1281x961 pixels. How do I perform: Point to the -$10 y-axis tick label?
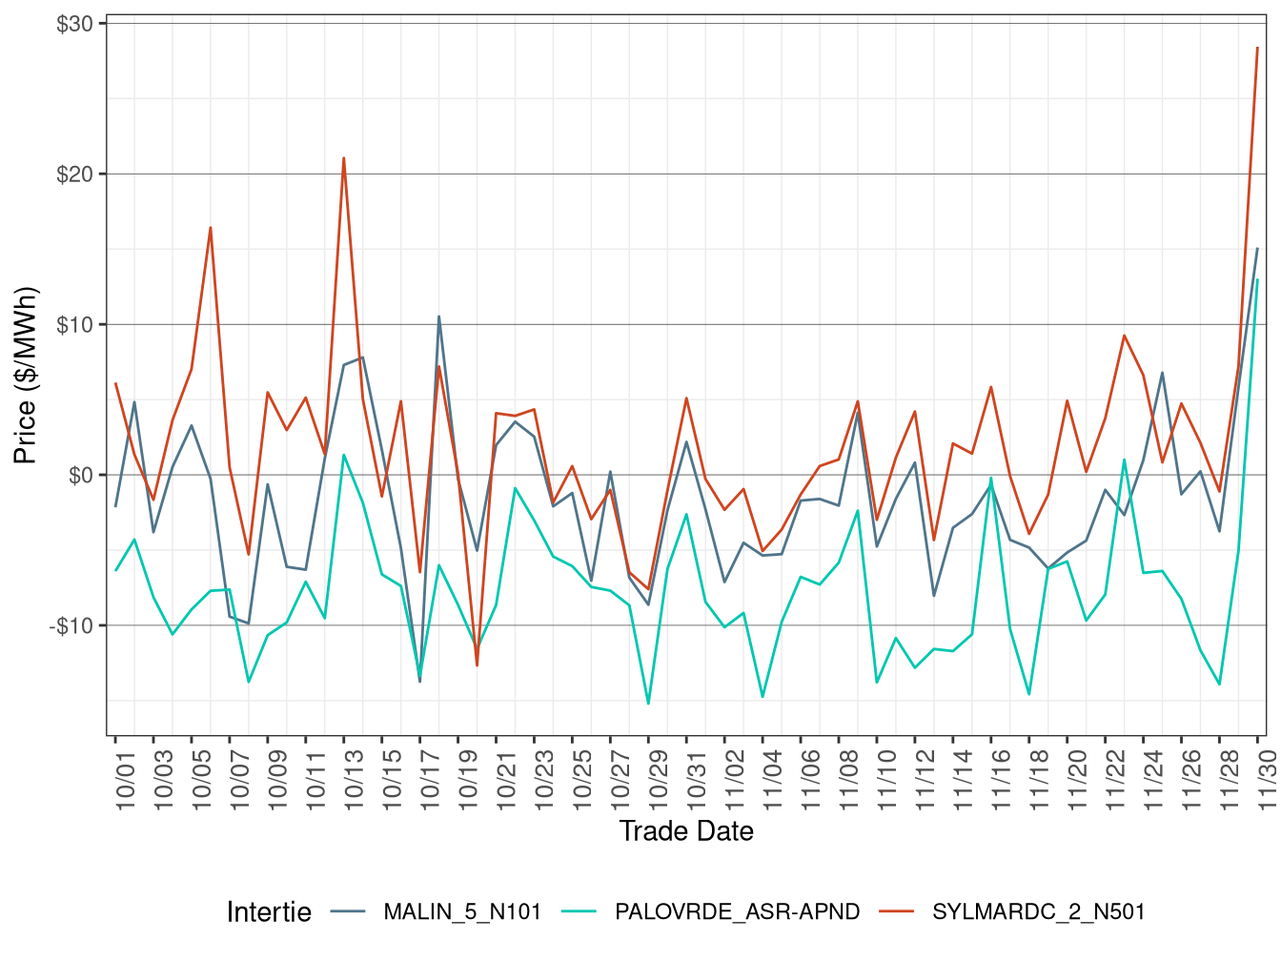(71, 625)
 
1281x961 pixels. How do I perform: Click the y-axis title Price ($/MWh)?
(26, 376)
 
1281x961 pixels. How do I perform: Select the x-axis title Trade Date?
(686, 831)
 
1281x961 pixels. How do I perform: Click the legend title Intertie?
(269, 912)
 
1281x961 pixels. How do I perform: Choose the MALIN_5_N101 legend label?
(462, 912)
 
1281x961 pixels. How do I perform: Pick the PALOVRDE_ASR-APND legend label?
(737, 912)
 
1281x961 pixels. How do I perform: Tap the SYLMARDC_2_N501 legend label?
(1038, 912)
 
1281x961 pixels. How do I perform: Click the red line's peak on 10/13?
(344, 158)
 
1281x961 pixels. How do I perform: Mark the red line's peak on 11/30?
(1257, 48)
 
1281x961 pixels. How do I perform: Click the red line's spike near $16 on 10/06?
(211, 227)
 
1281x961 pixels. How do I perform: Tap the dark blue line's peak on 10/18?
(438, 317)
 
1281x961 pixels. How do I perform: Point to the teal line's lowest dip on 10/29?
(648, 704)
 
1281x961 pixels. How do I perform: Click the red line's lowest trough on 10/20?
(477, 665)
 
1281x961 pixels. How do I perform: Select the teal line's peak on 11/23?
(1125, 460)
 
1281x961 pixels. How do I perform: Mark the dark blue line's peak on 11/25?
(1162, 373)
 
